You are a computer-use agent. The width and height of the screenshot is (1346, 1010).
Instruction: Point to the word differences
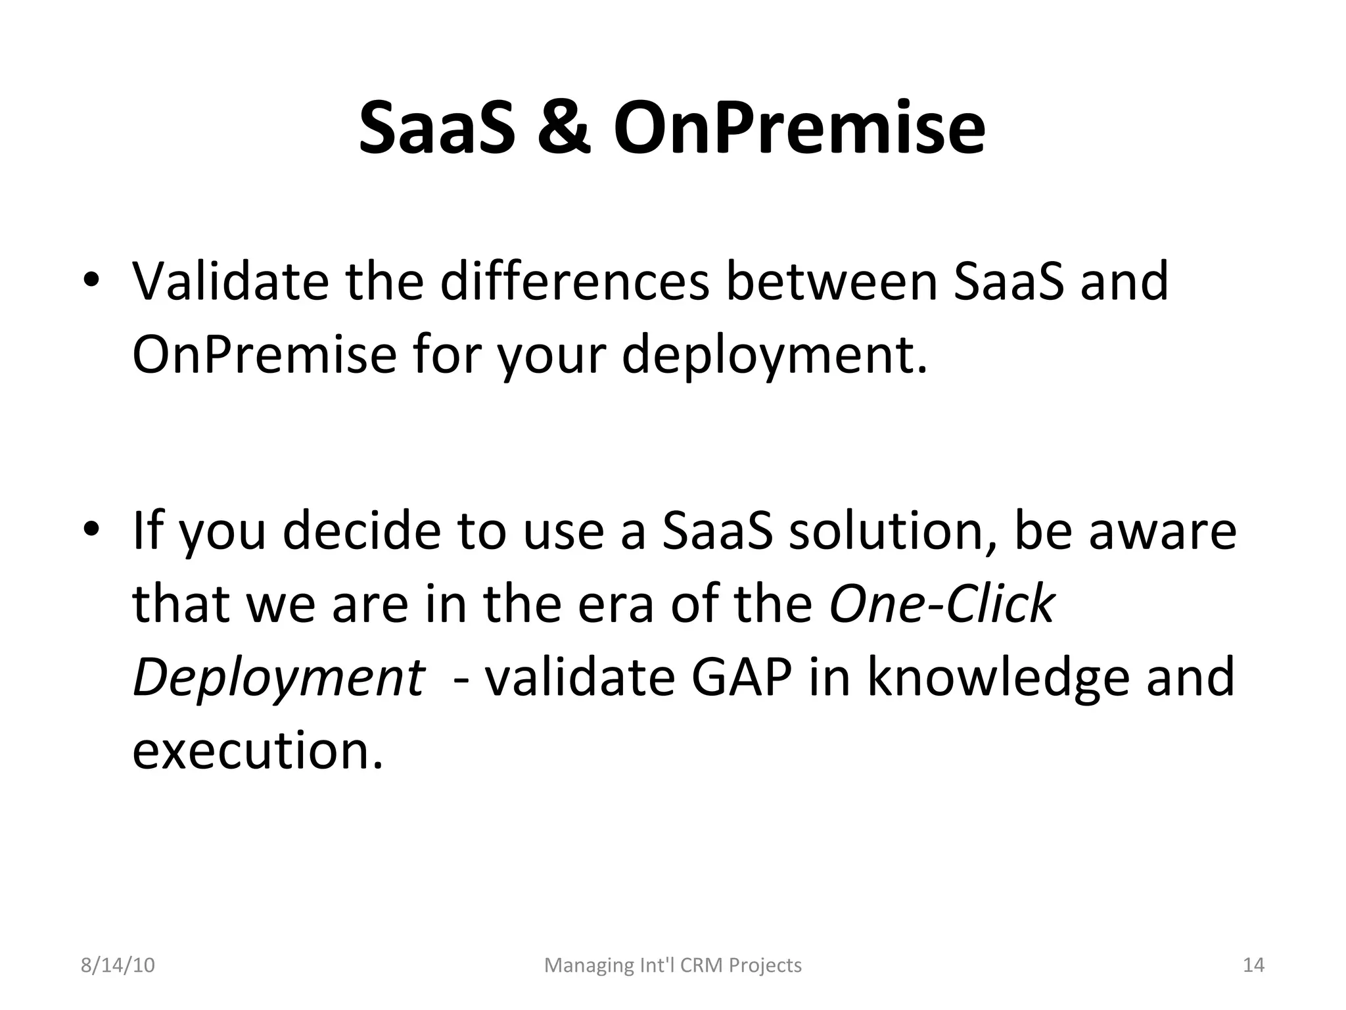click(x=575, y=281)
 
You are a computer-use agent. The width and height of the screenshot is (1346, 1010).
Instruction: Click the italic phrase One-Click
click(x=942, y=604)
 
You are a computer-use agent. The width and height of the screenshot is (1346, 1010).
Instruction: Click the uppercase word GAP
click(x=742, y=677)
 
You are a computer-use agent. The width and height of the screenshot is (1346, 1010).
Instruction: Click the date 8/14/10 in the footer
click(x=118, y=965)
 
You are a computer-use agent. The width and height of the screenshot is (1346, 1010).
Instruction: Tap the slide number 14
click(x=1253, y=965)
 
